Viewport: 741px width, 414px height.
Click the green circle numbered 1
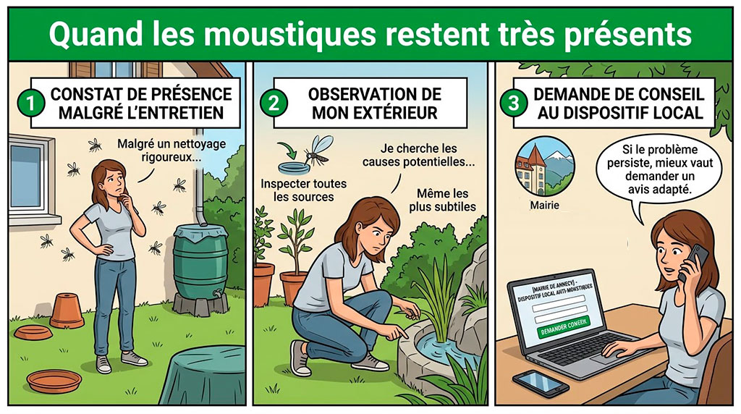(x=30, y=103)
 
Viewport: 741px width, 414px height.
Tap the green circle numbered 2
(x=274, y=103)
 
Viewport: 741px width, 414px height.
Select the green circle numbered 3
(x=514, y=103)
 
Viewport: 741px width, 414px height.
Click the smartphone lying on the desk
(x=540, y=382)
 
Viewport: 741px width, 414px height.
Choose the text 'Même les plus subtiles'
(x=442, y=200)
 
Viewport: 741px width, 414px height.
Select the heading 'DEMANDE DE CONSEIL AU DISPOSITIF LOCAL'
(x=619, y=103)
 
